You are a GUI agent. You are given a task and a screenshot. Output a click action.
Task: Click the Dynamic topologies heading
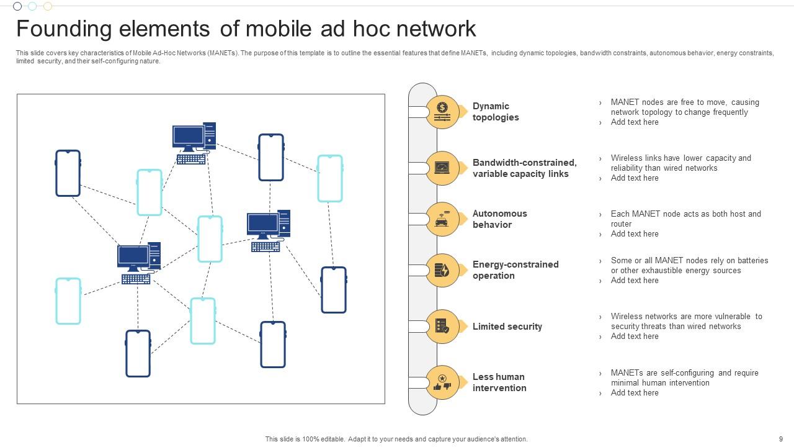[x=496, y=112]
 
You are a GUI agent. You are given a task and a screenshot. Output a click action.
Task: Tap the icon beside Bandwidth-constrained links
[x=442, y=168]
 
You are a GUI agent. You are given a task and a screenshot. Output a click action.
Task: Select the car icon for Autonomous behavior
[x=442, y=219]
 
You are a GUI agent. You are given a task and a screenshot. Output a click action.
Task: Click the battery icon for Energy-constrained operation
[x=442, y=270]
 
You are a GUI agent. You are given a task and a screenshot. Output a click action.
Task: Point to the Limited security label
[x=507, y=327]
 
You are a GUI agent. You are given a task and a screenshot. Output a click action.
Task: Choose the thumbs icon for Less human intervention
[x=442, y=382]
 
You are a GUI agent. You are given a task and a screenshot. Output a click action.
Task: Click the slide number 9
[x=780, y=439]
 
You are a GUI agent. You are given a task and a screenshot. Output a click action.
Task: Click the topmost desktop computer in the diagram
[x=194, y=143]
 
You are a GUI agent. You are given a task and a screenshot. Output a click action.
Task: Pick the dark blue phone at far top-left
[x=68, y=173]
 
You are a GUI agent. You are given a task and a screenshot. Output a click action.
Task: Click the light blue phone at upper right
[x=330, y=178]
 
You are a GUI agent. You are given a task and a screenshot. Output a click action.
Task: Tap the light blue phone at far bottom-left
[x=68, y=301]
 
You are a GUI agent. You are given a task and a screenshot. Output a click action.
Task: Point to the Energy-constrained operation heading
[x=515, y=270]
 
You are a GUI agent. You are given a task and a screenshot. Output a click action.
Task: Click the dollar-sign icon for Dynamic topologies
[x=442, y=112]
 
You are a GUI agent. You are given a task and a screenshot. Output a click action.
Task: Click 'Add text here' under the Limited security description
[x=635, y=336]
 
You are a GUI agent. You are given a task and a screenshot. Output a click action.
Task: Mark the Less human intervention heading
[x=499, y=382]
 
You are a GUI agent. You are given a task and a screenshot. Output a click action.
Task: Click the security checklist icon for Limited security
[x=442, y=327]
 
